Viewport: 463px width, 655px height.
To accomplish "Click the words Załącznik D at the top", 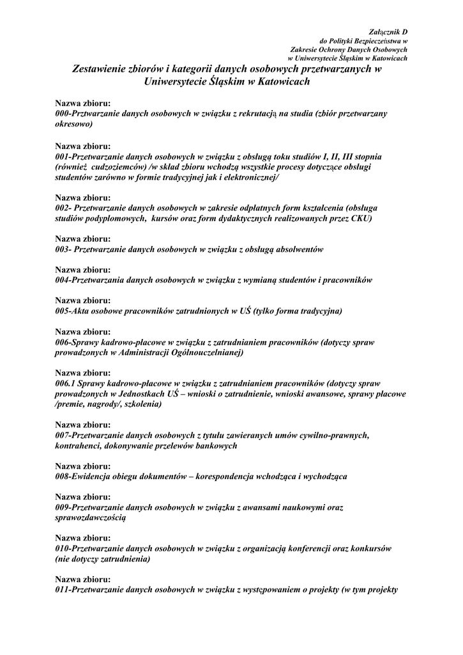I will tap(389, 31).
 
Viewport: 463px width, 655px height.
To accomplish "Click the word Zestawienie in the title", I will tap(105, 68).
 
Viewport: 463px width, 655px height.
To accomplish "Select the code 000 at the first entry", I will tap(62, 113).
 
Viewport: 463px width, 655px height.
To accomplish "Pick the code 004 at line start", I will tap(62, 280).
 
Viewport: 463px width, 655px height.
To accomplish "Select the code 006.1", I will tap(65, 383).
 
